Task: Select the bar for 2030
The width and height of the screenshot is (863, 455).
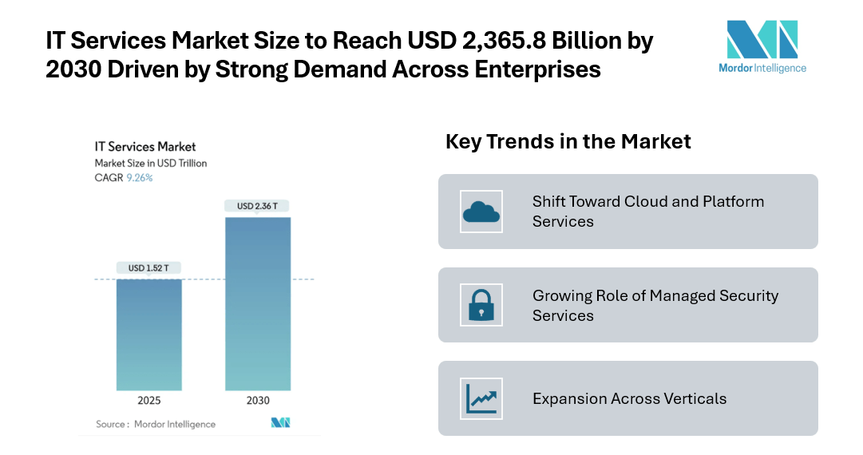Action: pos(258,303)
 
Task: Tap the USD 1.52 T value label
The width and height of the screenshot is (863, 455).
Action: pos(148,268)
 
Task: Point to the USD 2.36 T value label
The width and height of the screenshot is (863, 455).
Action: pos(257,206)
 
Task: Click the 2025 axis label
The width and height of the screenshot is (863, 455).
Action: pos(149,401)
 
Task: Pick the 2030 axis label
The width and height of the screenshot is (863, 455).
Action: pos(258,401)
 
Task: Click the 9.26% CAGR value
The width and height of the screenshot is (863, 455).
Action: pos(140,178)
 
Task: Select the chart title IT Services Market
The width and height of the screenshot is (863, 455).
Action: pos(145,147)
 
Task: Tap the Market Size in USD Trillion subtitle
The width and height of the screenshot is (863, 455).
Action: pos(151,164)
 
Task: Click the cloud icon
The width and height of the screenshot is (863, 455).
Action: pos(481,212)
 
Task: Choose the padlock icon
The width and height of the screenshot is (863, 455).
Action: pos(481,305)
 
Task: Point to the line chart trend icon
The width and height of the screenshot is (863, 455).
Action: pos(481,398)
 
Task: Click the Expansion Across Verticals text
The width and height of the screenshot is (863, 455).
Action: pos(629,398)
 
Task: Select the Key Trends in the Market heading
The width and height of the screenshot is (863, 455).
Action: pos(568,142)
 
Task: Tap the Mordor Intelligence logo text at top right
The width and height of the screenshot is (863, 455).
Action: pos(762,68)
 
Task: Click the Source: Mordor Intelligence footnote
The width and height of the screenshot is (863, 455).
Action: pos(156,424)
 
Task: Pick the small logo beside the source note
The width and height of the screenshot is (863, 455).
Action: pos(280,423)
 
